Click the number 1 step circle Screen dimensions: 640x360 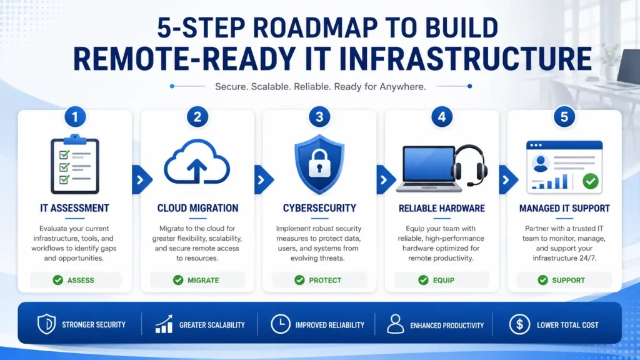click(x=75, y=117)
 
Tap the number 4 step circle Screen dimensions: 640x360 click(x=442, y=117)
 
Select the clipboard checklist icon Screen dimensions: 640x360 click(x=75, y=164)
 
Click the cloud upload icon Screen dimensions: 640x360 click(x=197, y=162)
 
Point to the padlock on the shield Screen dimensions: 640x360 click(x=319, y=163)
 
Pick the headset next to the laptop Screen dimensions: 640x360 click(x=470, y=165)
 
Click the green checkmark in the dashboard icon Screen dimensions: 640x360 click(x=591, y=181)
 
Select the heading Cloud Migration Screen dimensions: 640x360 click(x=197, y=208)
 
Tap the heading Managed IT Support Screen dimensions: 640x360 click(x=564, y=209)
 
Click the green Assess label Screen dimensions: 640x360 click(x=81, y=281)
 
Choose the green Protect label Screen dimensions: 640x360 click(x=325, y=281)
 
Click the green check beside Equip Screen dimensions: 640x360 click(x=423, y=280)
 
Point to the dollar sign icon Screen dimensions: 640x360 click(x=519, y=324)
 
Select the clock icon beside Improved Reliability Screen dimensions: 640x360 click(x=281, y=324)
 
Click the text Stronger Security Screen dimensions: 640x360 click(x=94, y=325)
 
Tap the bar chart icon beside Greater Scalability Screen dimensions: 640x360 click(x=164, y=324)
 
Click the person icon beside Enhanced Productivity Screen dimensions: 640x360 click(x=395, y=324)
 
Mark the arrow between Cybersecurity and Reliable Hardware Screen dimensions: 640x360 click(x=385, y=179)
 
